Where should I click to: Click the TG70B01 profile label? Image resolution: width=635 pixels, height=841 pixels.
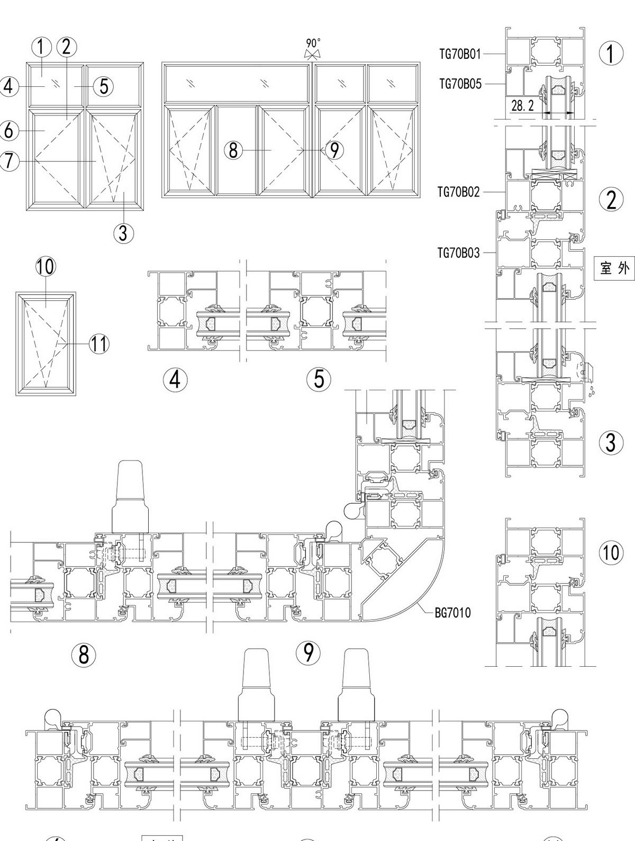(460, 53)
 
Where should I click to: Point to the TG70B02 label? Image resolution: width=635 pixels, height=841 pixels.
(458, 192)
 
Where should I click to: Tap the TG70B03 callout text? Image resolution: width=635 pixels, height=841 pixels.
(458, 253)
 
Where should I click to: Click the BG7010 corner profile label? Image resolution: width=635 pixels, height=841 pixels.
(452, 613)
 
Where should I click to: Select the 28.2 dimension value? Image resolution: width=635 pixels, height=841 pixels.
(522, 106)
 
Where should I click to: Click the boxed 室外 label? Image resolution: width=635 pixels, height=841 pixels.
(614, 268)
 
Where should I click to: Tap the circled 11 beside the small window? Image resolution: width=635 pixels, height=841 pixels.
(98, 344)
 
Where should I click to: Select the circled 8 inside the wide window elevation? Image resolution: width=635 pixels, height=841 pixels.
(233, 150)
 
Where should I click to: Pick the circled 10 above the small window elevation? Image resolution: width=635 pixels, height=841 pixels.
(46, 266)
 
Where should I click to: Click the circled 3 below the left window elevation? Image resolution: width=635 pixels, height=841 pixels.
(123, 232)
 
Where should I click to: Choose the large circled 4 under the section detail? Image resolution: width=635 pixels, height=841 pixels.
(175, 380)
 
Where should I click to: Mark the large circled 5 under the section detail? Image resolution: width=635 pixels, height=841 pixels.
(319, 379)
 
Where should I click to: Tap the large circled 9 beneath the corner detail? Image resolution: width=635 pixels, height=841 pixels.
(308, 653)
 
